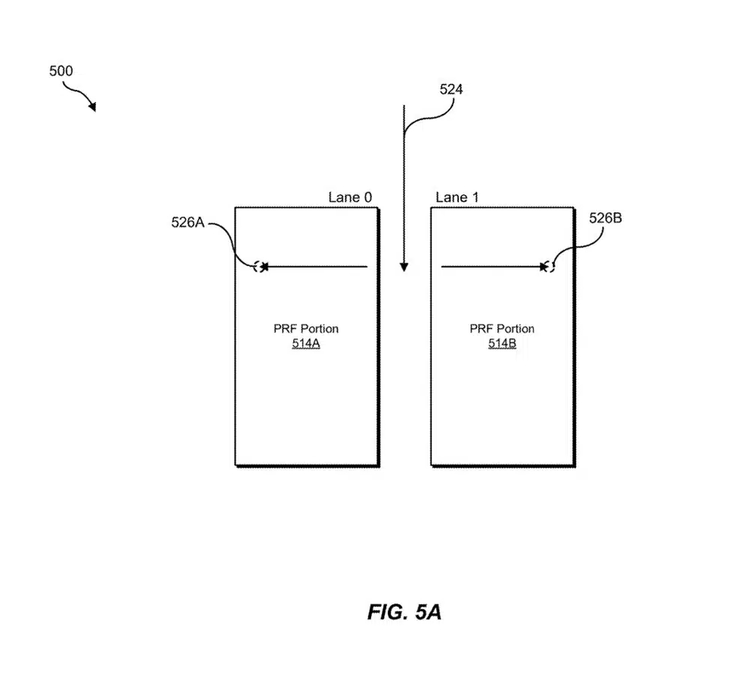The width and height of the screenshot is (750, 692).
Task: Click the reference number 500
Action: coord(61,71)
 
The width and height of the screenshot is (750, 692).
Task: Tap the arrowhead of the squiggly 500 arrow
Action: coord(92,106)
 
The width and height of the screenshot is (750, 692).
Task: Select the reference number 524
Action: coord(451,89)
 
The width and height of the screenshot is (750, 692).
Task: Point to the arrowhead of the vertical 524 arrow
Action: coord(404,268)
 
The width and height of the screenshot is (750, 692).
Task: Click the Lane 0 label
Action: coord(350,197)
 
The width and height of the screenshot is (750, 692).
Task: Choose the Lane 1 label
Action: coord(457,197)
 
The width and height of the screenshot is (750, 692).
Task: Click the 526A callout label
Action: coord(187,223)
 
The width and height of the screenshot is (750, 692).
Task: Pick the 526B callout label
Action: coord(605,218)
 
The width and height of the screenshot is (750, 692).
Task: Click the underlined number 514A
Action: coord(306,343)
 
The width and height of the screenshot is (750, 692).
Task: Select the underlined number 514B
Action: coord(502,343)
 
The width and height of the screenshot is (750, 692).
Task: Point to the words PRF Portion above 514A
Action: coord(306,328)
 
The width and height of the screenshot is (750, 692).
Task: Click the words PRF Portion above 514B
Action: coord(502,328)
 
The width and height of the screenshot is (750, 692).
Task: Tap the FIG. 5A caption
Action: coord(404,612)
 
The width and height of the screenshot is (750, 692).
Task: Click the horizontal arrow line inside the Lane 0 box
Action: coord(315,267)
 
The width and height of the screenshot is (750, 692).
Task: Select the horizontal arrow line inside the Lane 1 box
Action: coord(494,267)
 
